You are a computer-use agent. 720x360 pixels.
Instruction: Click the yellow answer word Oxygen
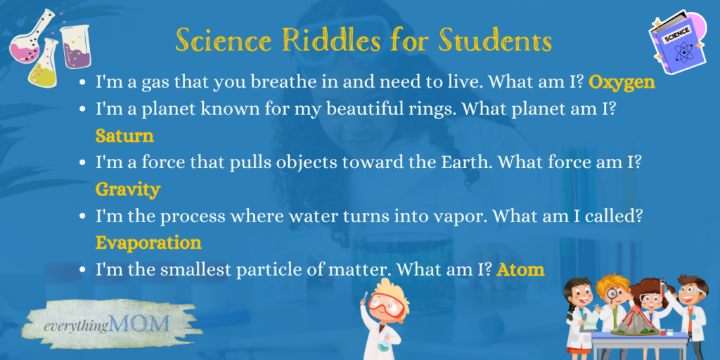(x=622, y=83)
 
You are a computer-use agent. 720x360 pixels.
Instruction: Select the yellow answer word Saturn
(x=124, y=135)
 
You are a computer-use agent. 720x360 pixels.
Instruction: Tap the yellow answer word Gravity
(x=128, y=189)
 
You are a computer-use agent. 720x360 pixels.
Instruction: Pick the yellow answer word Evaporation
(x=148, y=243)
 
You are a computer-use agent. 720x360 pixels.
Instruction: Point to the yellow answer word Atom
(x=520, y=269)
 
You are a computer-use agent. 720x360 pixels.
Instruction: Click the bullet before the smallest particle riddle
(x=84, y=270)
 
